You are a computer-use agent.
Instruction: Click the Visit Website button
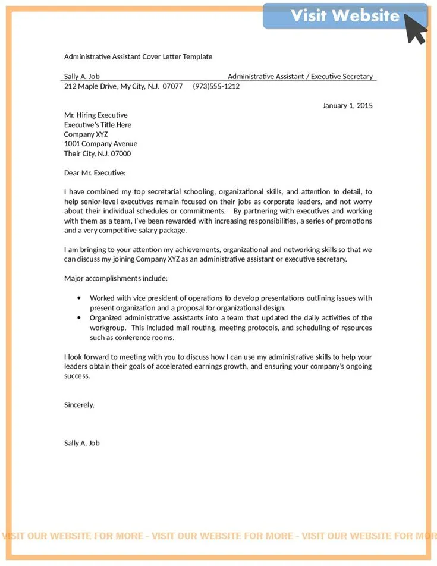click(x=345, y=16)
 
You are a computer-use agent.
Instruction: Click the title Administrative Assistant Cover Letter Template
click(x=138, y=56)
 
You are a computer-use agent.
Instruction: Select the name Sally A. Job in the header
click(x=82, y=76)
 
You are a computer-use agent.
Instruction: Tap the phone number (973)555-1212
click(x=216, y=86)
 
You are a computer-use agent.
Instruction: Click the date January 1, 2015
click(x=347, y=105)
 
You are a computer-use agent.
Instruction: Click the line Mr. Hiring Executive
click(x=96, y=115)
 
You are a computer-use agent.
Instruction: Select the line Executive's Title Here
click(x=98, y=125)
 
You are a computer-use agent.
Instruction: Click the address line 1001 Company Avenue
click(x=100, y=144)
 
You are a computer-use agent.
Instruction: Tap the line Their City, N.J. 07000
click(x=98, y=153)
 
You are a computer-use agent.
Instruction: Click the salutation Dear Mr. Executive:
click(x=95, y=172)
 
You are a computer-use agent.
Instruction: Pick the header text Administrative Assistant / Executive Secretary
click(x=300, y=76)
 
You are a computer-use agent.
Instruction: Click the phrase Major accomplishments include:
click(x=116, y=278)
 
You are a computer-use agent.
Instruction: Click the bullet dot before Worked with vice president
click(x=79, y=298)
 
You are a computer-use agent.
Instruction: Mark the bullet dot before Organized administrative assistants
click(x=79, y=317)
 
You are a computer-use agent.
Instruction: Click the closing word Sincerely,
click(x=79, y=404)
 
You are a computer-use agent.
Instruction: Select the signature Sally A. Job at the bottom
click(x=82, y=443)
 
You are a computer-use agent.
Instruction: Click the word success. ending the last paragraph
click(x=77, y=376)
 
